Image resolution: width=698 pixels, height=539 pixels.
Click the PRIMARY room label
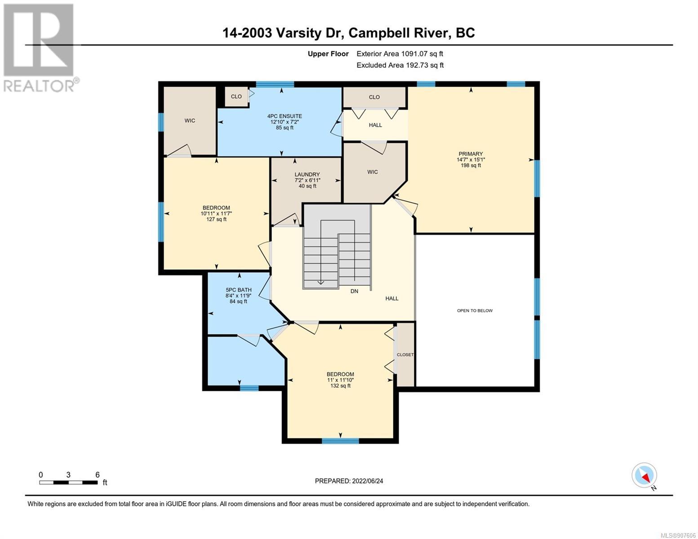click(x=471, y=154)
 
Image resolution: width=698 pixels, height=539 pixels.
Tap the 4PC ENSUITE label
click(x=285, y=116)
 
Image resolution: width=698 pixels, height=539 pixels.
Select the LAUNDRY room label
click(x=307, y=175)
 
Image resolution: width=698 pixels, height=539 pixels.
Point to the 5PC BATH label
click(x=238, y=290)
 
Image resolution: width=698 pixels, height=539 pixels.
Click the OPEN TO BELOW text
click(x=475, y=310)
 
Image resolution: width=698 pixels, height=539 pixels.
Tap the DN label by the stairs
click(x=354, y=291)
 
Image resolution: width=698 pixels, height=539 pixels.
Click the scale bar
click(x=68, y=482)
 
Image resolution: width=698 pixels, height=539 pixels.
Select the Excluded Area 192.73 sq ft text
click(x=400, y=65)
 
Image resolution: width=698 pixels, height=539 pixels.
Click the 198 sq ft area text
click(x=471, y=165)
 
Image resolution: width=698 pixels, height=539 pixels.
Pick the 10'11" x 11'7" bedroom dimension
click(x=216, y=213)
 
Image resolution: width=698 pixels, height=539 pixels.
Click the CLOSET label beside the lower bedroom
click(x=405, y=355)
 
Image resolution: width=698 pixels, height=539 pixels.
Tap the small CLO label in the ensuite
click(x=236, y=96)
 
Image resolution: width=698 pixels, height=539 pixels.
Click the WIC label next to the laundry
click(x=373, y=172)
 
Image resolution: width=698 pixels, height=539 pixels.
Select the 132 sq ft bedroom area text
click(x=340, y=385)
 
